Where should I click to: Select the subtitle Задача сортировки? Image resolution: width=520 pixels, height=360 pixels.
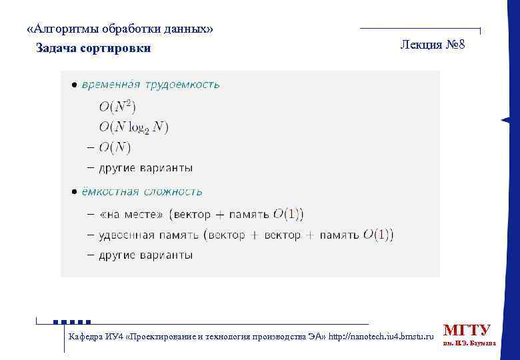(93, 48)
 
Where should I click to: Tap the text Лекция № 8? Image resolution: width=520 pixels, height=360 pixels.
(437, 45)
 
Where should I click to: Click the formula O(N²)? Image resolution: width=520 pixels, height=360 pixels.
(118, 107)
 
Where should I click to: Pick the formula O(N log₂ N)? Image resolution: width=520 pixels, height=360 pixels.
(134, 127)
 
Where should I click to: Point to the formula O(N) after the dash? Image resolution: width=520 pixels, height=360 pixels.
(115, 147)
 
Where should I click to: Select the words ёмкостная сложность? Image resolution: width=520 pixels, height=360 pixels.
(142, 192)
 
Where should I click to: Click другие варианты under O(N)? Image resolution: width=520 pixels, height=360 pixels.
(145, 167)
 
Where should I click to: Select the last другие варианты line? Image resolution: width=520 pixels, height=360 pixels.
(145, 255)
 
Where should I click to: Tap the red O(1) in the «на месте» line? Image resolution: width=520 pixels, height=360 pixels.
(286, 214)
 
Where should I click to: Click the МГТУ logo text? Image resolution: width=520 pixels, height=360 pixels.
(467, 330)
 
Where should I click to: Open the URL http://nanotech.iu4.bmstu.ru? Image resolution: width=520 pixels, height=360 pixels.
(381, 336)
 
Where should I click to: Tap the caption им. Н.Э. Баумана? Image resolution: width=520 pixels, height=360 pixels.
(469, 344)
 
